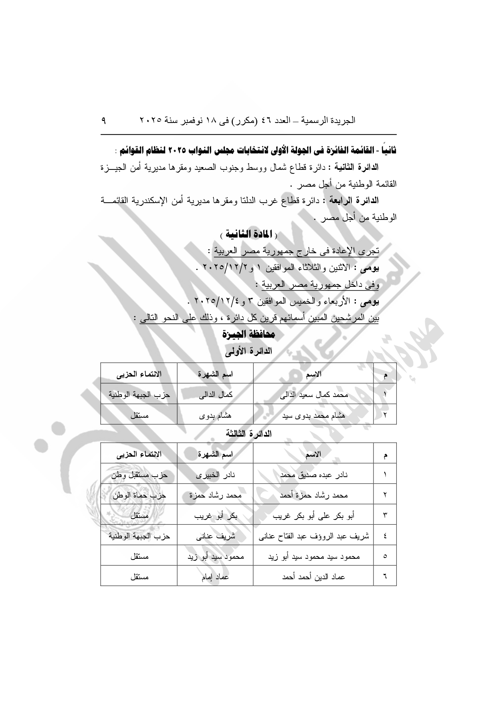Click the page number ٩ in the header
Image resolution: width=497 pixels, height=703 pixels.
pos(104,120)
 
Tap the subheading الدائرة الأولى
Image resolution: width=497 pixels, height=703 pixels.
pos(248,351)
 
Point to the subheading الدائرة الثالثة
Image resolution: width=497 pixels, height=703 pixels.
pos(248,433)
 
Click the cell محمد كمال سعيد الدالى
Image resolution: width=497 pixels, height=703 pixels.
pos(314,395)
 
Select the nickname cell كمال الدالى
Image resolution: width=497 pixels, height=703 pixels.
pos(216,395)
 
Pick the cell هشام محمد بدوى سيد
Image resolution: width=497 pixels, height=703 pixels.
pos(314,415)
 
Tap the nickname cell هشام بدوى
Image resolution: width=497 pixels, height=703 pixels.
pos(216,415)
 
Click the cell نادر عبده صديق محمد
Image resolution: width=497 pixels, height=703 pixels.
pos(314,475)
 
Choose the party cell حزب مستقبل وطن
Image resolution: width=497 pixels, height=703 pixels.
pos(139,475)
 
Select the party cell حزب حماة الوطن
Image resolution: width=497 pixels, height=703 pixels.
pos(139,495)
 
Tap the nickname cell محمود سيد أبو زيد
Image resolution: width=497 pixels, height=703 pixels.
pos(216,556)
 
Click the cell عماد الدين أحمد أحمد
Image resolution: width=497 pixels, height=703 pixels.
pos(314,577)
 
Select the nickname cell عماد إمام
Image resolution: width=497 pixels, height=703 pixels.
pos(216,577)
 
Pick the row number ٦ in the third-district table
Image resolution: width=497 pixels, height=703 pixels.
pos(385,577)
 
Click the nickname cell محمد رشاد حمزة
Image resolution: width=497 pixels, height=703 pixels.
pos(216,495)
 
